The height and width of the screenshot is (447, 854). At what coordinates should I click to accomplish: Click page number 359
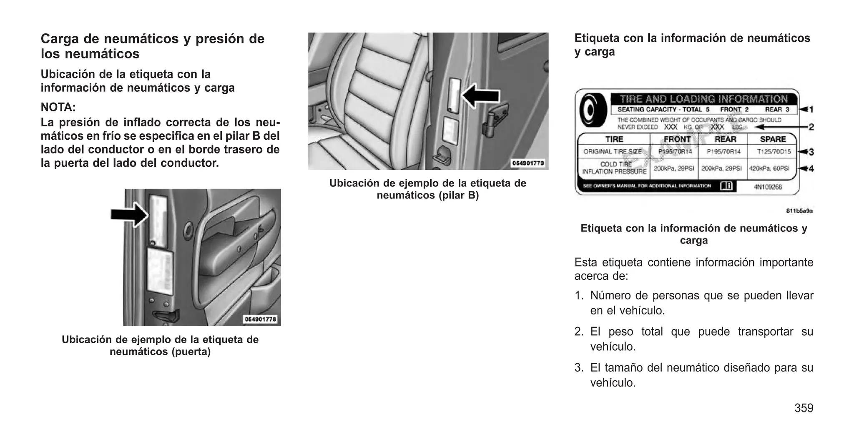point(804,408)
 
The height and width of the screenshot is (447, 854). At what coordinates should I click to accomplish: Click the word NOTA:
point(58,107)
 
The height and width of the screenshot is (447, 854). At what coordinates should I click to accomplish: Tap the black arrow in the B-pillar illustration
point(481,96)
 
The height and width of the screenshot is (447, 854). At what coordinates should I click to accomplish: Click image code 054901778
point(260,319)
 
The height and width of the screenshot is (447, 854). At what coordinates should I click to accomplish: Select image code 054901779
point(528,163)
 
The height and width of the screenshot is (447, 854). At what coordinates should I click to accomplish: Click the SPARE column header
point(773,139)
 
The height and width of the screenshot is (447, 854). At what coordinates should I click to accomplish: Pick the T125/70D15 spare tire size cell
point(774,152)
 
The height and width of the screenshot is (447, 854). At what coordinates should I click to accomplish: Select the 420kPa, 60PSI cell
point(772,168)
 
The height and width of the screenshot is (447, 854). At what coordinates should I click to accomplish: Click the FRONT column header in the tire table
point(677,139)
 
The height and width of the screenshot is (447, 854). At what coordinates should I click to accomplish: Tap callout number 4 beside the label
point(811,169)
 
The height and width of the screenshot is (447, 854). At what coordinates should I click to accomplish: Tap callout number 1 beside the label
point(811,110)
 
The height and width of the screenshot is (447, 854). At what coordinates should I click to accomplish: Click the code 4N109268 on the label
point(768,187)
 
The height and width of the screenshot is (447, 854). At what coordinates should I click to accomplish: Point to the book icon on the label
point(726,186)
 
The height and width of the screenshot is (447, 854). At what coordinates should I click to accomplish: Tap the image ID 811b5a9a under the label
point(799,211)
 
